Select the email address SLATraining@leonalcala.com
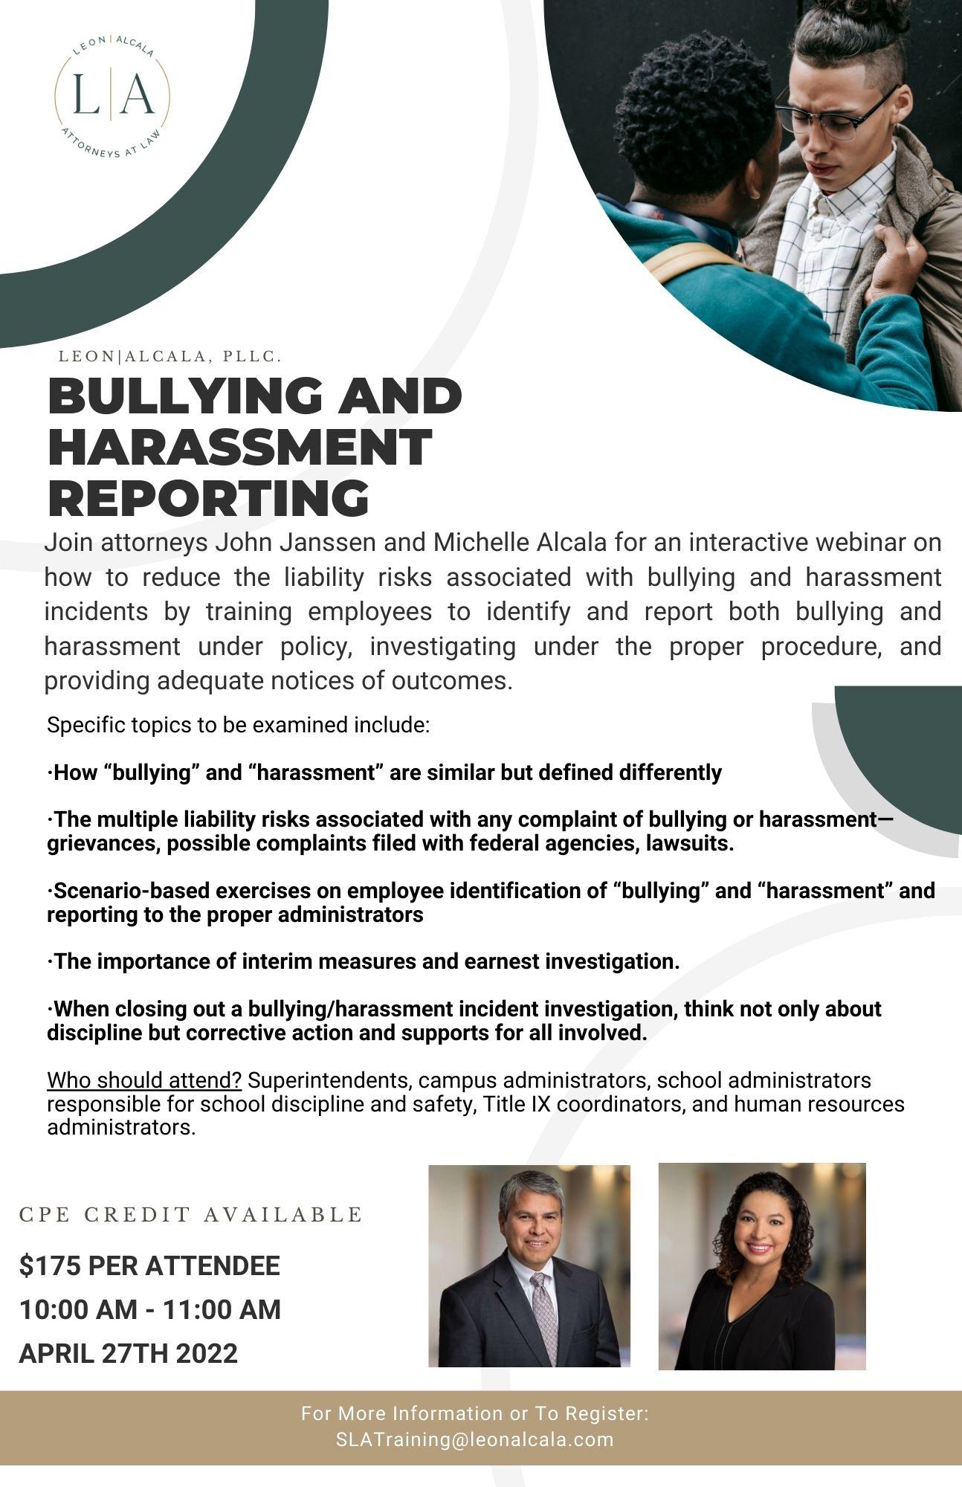[475, 1439]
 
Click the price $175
[50, 1265]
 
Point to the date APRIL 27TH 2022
[129, 1353]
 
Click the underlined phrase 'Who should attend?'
[144, 1080]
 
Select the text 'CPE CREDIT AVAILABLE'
[190, 1215]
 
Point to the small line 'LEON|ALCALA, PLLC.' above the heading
[170, 356]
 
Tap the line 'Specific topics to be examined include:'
[238, 724]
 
